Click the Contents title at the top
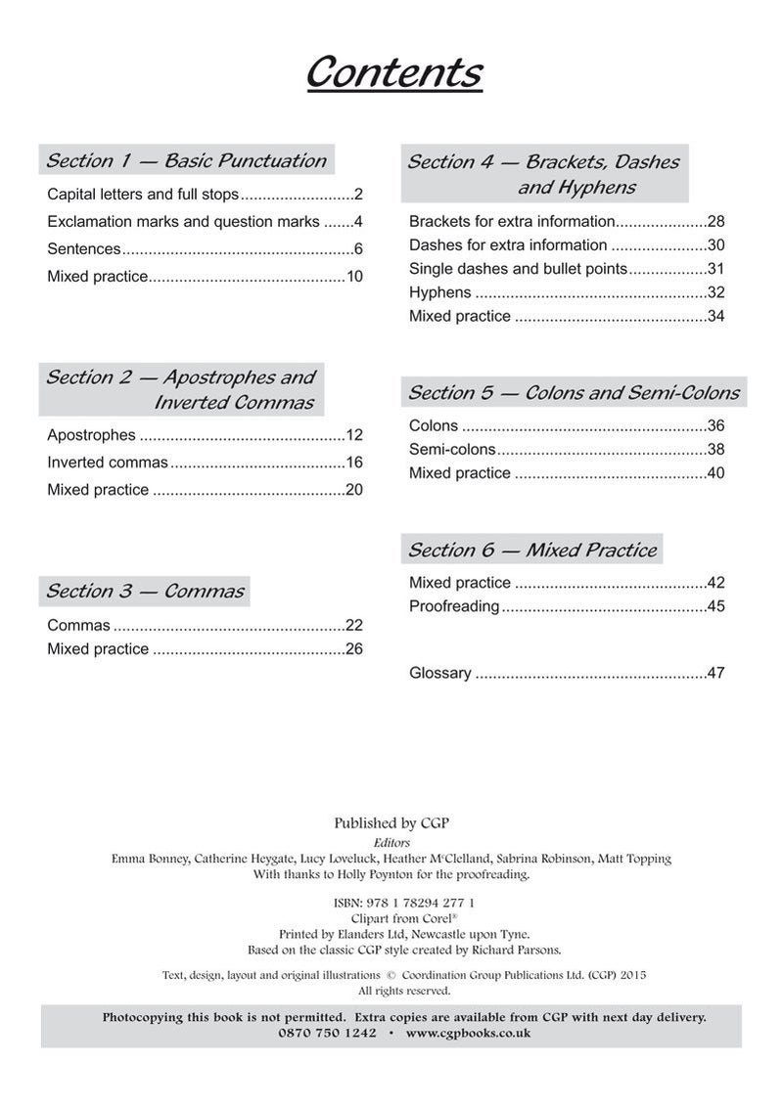click(394, 72)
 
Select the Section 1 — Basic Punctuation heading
click(186, 161)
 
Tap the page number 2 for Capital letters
click(358, 194)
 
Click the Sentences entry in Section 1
click(84, 248)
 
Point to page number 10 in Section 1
click(353, 277)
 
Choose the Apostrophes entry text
click(91, 435)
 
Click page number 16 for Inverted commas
click(353, 463)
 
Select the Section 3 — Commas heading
click(145, 591)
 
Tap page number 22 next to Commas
click(353, 625)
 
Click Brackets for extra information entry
click(512, 221)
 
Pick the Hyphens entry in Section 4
click(439, 292)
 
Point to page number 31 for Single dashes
click(715, 269)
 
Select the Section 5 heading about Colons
click(574, 393)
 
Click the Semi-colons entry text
click(452, 450)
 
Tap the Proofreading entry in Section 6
click(454, 606)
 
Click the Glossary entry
click(440, 673)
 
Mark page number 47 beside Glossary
click(715, 673)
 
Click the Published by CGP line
click(391, 823)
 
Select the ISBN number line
click(391, 903)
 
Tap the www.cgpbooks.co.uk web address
click(468, 1033)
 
